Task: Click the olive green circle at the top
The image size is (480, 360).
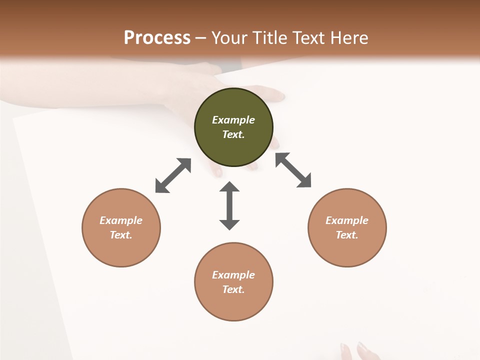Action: click(x=233, y=127)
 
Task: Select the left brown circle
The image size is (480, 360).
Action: click(x=121, y=227)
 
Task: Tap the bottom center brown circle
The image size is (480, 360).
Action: click(x=233, y=281)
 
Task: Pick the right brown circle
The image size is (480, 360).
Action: click(x=347, y=227)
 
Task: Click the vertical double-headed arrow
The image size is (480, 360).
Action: click(x=229, y=205)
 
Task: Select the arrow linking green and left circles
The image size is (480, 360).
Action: click(x=173, y=175)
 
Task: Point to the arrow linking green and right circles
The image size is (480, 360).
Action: click(x=293, y=170)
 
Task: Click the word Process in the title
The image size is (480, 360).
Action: click(x=157, y=37)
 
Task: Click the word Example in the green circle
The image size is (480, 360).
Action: click(x=233, y=120)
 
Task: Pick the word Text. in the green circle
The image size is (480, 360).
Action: click(x=233, y=134)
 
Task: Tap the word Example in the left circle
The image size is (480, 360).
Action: click(x=121, y=220)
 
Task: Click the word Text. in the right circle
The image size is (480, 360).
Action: click(x=347, y=235)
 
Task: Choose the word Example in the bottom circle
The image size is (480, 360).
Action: click(x=233, y=275)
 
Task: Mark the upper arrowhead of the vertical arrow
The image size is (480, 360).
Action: click(x=229, y=187)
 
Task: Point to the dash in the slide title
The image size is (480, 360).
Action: click(x=201, y=37)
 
